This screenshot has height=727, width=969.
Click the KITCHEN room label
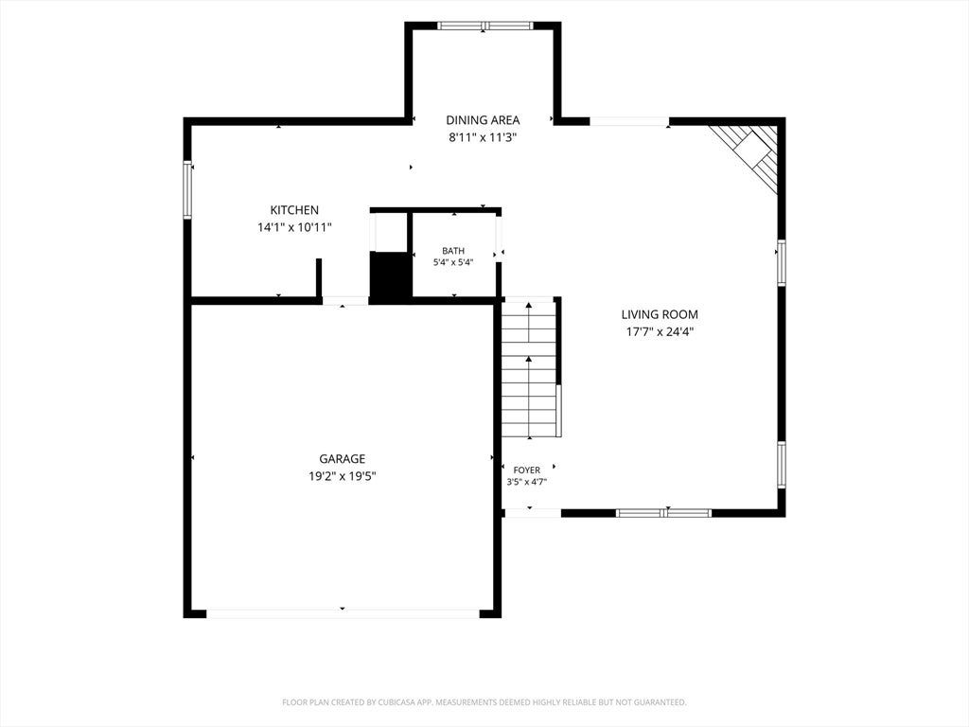click(x=294, y=210)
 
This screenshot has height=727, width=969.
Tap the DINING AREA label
click(x=483, y=120)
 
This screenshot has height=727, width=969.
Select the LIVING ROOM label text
click(x=660, y=314)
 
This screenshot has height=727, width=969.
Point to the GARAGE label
click(x=342, y=459)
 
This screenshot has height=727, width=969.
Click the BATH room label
click(x=453, y=250)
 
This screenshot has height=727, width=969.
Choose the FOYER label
click(x=526, y=470)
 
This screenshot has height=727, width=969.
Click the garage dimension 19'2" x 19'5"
click(x=342, y=476)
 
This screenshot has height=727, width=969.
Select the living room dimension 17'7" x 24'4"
click(x=660, y=331)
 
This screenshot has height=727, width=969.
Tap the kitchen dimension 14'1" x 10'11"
click(x=294, y=227)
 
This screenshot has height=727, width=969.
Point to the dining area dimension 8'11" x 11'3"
click(x=483, y=137)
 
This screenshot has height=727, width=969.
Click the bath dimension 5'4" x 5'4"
click(x=453, y=262)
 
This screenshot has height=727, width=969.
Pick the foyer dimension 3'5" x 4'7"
click(x=526, y=482)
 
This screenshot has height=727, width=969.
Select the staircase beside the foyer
click(x=530, y=368)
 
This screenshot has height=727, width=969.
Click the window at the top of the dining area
click(x=485, y=26)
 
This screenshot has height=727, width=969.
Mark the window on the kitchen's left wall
click(x=188, y=189)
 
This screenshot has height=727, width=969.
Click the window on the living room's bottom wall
click(x=663, y=512)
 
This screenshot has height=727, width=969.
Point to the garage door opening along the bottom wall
click(x=343, y=613)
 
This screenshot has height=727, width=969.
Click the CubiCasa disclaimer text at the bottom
click(x=484, y=702)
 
